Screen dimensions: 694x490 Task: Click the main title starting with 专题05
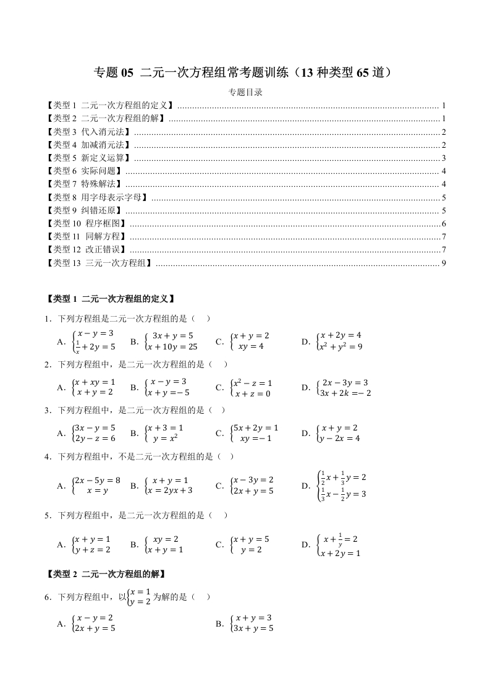coord(245,73)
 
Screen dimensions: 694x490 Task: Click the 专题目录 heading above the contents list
coord(245,93)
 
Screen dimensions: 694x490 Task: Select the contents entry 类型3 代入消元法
coord(89,132)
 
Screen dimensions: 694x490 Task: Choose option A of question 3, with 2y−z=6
coord(87,433)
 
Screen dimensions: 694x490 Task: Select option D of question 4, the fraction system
coord(334,486)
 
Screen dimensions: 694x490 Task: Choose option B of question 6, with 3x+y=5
coord(245,623)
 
